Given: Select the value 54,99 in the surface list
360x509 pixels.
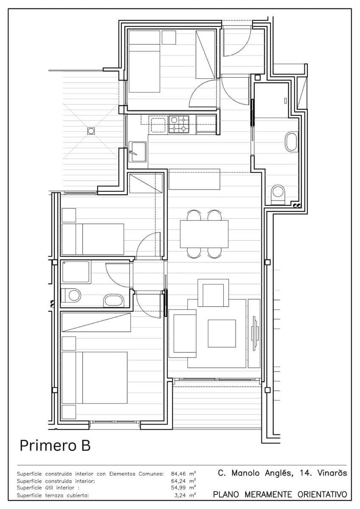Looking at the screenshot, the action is click(178, 487).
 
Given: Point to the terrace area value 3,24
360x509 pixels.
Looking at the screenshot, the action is click(180, 495).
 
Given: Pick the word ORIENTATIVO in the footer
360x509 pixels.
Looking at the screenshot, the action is click(322, 494).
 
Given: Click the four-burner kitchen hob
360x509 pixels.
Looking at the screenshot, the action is click(179, 124).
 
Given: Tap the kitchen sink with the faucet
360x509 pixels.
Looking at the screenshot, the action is click(138, 152).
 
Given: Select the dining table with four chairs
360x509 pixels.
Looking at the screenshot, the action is click(204, 234).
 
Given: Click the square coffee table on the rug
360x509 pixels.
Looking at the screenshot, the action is click(222, 333).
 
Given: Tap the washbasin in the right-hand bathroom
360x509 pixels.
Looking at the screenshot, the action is click(291, 142).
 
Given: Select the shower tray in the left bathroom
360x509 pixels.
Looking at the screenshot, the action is click(76, 272).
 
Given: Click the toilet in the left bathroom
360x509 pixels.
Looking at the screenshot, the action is click(71, 295).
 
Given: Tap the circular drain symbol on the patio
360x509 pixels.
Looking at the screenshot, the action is click(91, 131).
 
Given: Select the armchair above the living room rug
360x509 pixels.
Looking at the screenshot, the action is click(213, 293).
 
